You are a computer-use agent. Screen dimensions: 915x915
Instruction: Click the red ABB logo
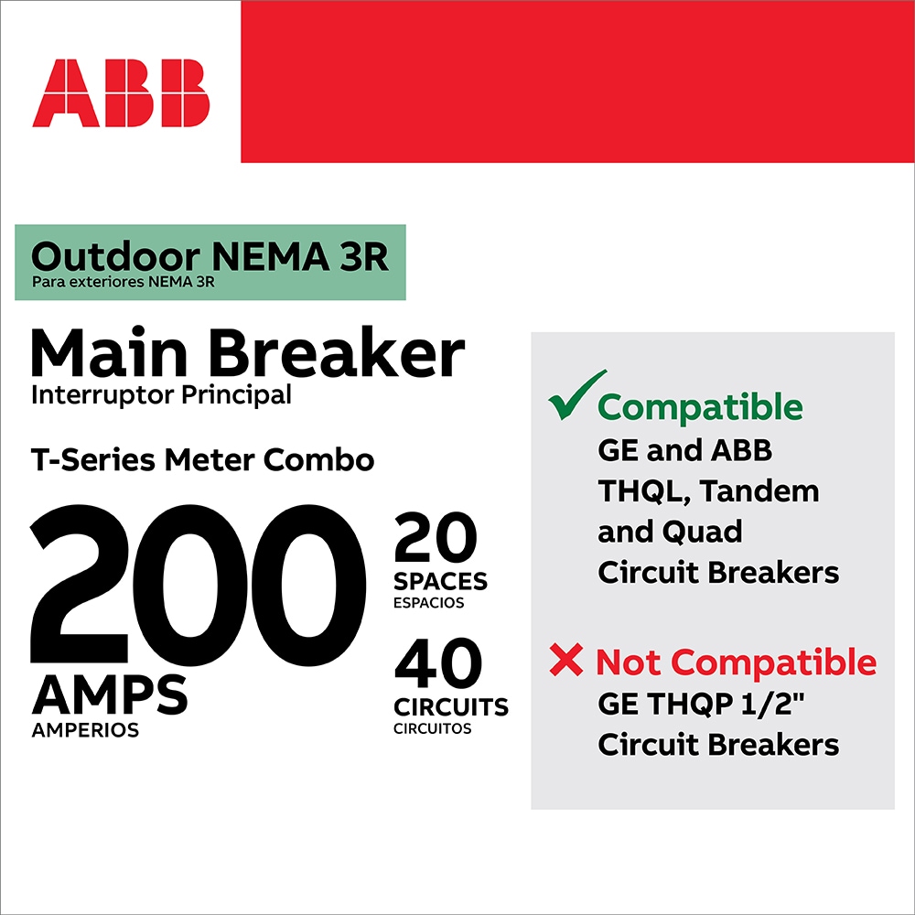[x=121, y=92]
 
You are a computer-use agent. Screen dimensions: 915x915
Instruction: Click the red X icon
[x=565, y=660]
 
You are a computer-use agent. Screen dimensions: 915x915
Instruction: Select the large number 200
[x=198, y=585]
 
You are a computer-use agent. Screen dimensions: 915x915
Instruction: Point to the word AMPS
[x=110, y=694]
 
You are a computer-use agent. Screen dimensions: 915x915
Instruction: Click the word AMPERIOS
[x=85, y=730]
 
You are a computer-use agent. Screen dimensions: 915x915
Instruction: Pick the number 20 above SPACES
[x=436, y=537]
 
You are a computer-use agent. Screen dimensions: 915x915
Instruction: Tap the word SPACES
[x=440, y=581]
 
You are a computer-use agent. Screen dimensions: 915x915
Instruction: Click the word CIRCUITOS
[x=433, y=729]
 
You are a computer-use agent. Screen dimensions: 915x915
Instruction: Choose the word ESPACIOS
[x=429, y=603]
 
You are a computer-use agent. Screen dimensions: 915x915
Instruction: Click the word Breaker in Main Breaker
[x=337, y=353]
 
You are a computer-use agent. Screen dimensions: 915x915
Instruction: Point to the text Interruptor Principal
[x=162, y=395]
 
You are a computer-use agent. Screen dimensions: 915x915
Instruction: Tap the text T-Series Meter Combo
[x=202, y=460]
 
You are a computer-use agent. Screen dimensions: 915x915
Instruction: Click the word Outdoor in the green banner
[x=115, y=256]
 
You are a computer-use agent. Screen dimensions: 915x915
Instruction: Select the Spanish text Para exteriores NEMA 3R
[x=124, y=283]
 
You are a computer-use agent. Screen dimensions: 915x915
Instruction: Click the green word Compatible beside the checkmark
[x=700, y=407]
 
